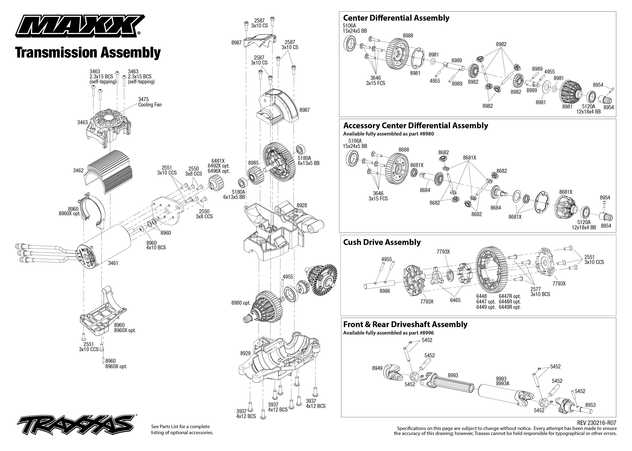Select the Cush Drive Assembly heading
click(x=382, y=242)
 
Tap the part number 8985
click(x=253, y=163)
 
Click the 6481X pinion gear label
click(x=218, y=161)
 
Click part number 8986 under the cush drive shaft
click(x=385, y=291)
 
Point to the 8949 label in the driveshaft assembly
click(x=377, y=368)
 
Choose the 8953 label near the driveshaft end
click(x=590, y=405)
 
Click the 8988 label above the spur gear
click(x=408, y=35)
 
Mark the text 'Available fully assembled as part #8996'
click(x=388, y=333)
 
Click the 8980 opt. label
click(x=241, y=303)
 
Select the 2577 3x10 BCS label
click(x=540, y=292)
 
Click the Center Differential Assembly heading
click(x=396, y=18)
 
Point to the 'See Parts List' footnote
click(x=182, y=429)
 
